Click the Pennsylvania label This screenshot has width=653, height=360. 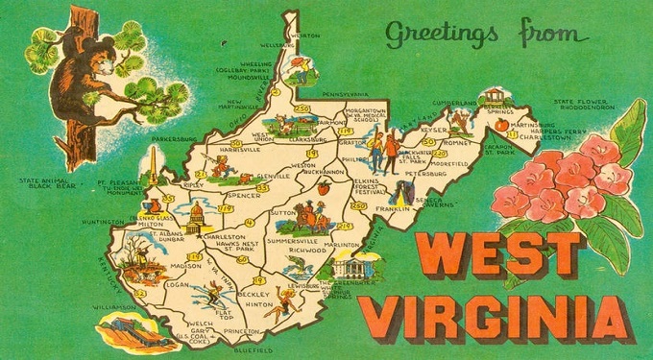click(331, 95)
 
